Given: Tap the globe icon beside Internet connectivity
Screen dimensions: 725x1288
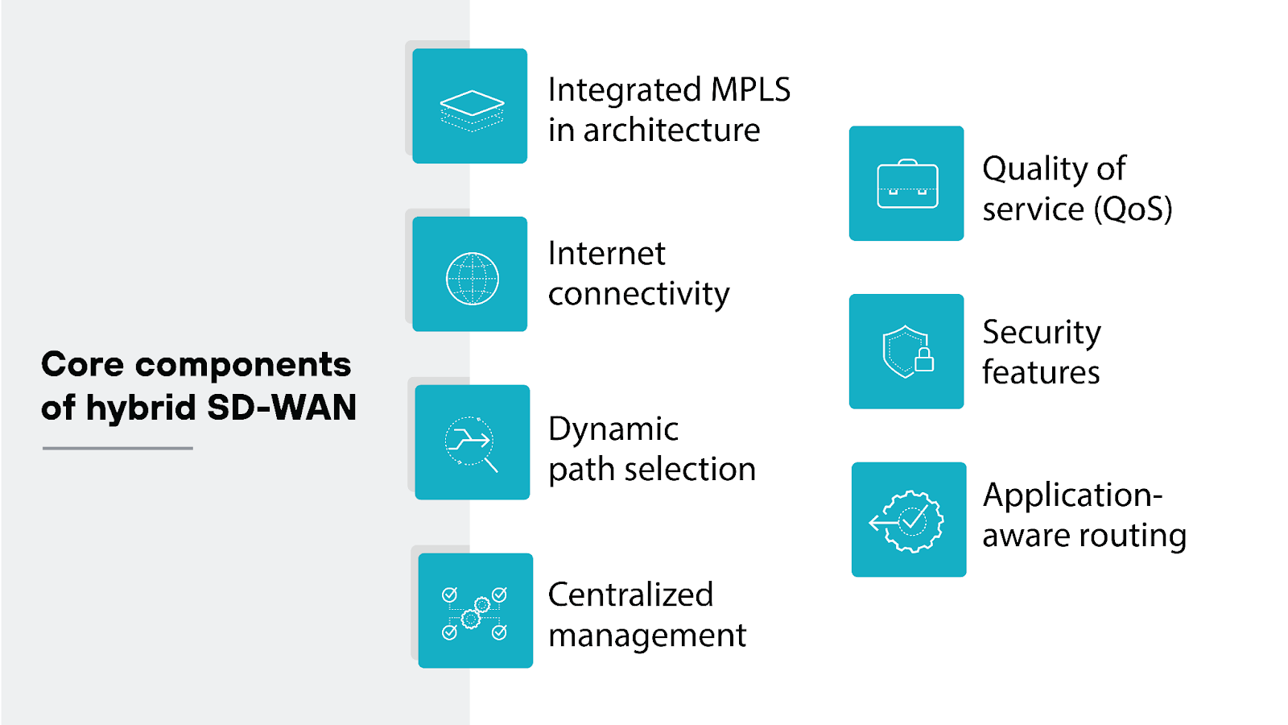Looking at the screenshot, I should pyautogui.click(x=472, y=278).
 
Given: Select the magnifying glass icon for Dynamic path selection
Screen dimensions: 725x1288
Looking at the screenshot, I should pyautogui.click(x=472, y=443).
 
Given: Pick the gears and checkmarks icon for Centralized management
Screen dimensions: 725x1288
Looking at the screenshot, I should pyautogui.click(x=475, y=612).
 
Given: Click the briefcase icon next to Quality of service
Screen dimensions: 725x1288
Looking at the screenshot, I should pyautogui.click(x=907, y=184).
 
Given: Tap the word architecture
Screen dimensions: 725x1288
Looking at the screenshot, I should pyautogui.click(x=671, y=130).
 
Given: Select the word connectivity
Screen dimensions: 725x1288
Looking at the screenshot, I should pyautogui.click(x=638, y=294).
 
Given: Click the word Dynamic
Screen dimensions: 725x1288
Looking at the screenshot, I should pyautogui.click(x=613, y=429).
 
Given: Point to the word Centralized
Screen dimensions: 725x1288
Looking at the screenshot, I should pyautogui.click(x=630, y=595).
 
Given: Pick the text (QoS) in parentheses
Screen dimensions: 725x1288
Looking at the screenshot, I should pyautogui.click(x=1133, y=209).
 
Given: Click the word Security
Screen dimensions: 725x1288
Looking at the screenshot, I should pyautogui.click(x=1041, y=333).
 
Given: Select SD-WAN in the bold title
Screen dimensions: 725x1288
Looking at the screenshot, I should pyautogui.click(x=282, y=408).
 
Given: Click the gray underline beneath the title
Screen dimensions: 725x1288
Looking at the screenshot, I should pyautogui.click(x=118, y=448).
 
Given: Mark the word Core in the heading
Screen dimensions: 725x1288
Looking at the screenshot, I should pyautogui.click(x=82, y=365).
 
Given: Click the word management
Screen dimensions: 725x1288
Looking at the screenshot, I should pyautogui.click(x=647, y=636).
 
